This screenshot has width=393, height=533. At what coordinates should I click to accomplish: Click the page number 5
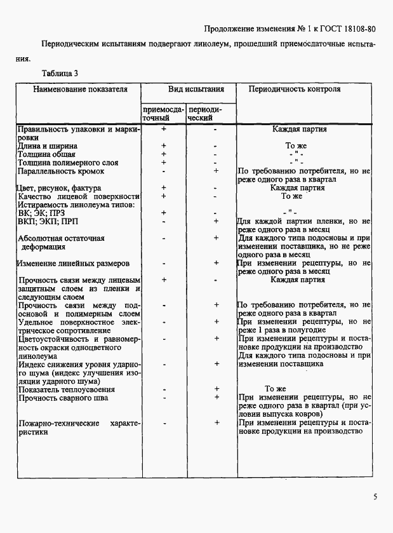[x=375, y=496]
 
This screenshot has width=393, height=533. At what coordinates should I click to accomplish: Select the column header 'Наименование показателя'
[x=80, y=90]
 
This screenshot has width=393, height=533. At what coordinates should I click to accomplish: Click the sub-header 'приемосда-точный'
[x=163, y=114]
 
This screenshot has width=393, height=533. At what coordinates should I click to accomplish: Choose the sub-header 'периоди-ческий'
[x=204, y=114]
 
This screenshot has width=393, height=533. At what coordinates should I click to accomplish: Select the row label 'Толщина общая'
[x=46, y=154]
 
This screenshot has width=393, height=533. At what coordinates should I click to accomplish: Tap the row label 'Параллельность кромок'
[x=61, y=171]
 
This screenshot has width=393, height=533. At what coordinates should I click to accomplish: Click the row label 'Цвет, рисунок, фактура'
[x=58, y=188]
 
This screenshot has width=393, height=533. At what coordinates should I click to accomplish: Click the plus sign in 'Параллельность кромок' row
[x=216, y=171]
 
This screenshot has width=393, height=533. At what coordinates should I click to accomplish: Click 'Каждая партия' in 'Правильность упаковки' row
[x=300, y=129]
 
